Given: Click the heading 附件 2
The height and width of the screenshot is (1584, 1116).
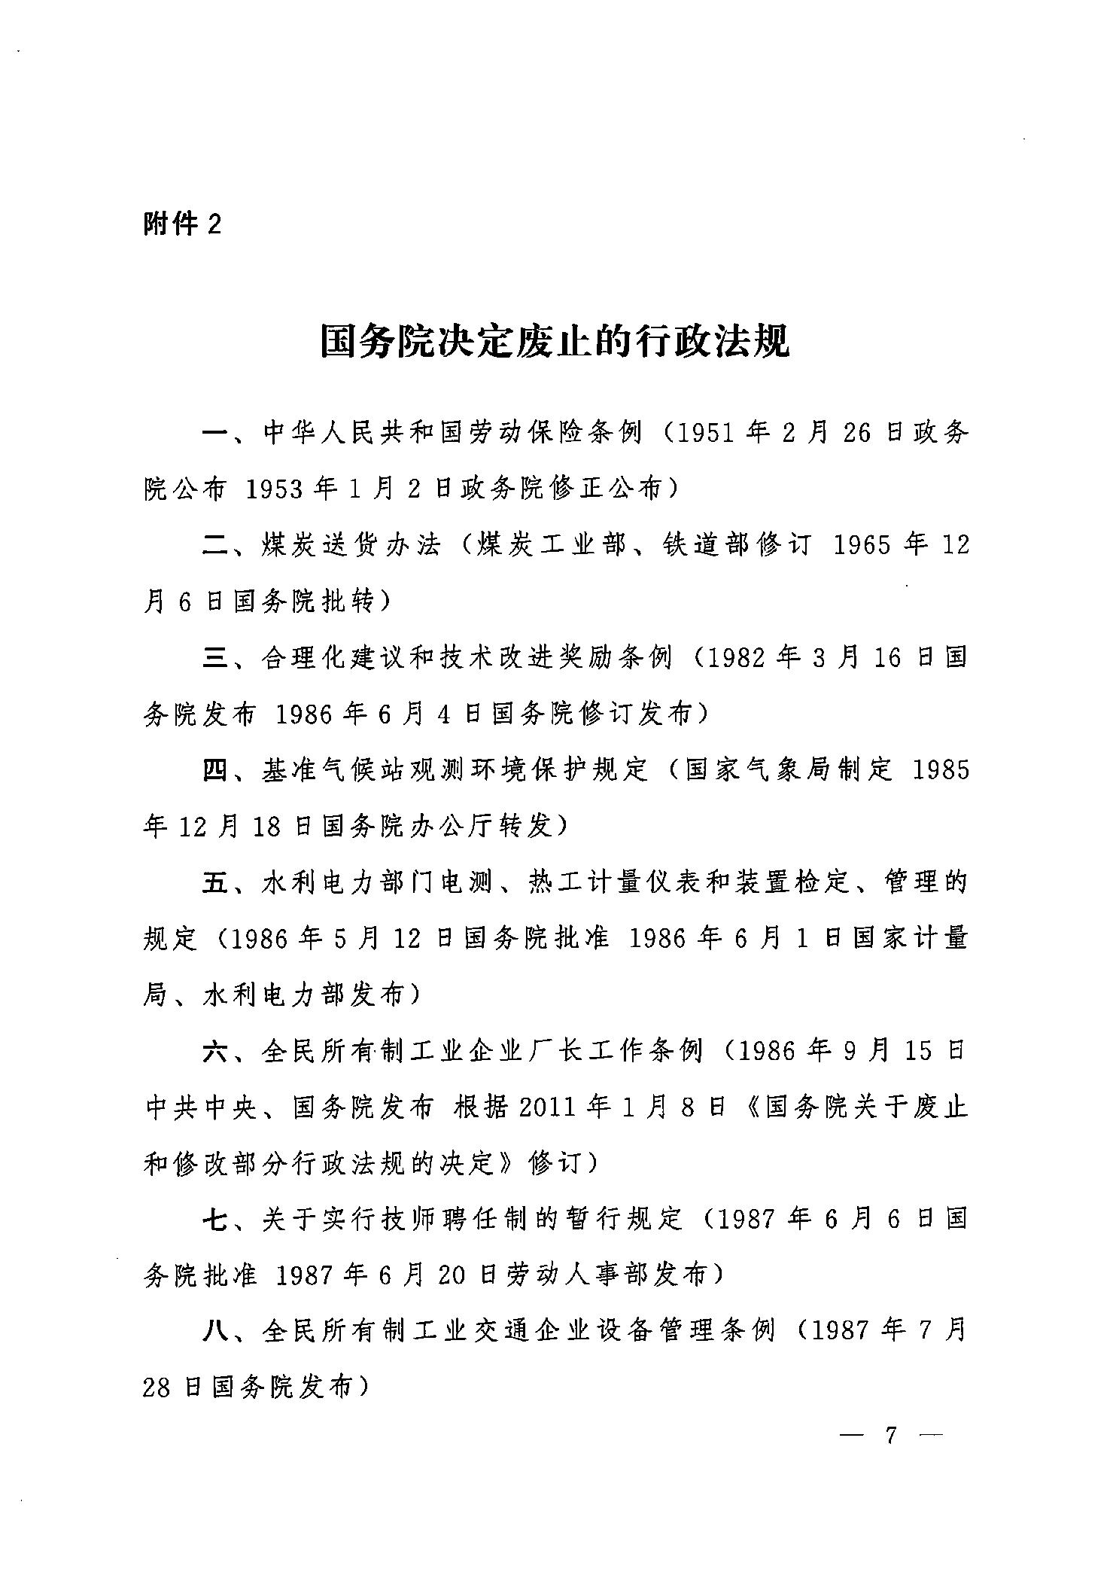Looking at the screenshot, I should [182, 224].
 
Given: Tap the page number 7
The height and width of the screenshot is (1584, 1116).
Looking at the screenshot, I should [892, 1435].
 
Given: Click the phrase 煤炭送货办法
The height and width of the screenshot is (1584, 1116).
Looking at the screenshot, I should [350, 546].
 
